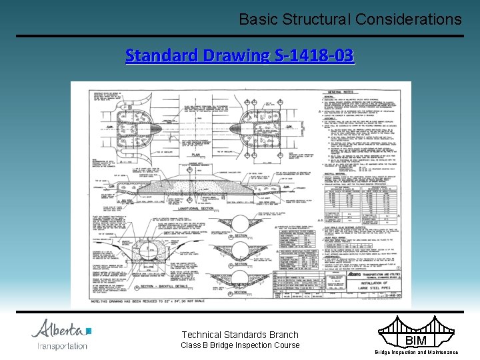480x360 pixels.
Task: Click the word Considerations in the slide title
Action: pos(409,19)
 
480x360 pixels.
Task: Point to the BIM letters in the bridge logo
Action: pos(417,341)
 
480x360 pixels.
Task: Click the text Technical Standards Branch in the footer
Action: pos(241,335)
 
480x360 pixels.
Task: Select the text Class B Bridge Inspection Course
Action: pos(241,345)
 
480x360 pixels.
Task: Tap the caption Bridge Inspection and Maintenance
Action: pos(417,352)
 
